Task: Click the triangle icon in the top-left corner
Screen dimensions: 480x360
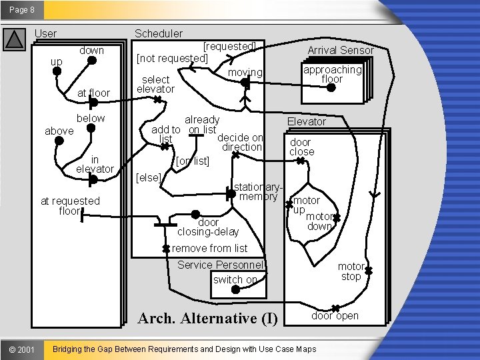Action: (15, 39)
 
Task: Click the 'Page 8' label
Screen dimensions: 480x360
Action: (22, 10)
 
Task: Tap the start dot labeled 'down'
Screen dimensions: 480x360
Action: (92, 61)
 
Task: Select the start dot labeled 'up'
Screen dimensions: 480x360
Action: (57, 71)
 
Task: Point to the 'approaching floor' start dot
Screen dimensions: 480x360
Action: (331, 87)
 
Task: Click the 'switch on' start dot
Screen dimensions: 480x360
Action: (235, 289)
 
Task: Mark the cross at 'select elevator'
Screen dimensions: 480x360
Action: (157, 99)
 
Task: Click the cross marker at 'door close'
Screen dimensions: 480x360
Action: (301, 161)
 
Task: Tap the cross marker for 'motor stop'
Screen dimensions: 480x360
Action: (369, 271)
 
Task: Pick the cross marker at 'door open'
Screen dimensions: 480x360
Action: (335, 308)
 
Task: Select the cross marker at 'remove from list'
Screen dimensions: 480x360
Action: (166, 249)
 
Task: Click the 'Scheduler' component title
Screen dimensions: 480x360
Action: (159, 33)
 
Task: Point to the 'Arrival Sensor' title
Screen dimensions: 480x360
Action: (341, 50)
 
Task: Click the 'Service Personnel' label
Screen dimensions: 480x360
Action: (220, 265)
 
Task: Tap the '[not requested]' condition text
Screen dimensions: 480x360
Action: (172, 58)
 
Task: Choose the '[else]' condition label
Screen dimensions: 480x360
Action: (149, 177)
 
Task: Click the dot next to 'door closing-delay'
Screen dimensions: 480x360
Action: (195, 215)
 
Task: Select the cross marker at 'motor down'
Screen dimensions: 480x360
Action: (337, 218)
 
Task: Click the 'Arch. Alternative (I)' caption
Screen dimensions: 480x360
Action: (208, 319)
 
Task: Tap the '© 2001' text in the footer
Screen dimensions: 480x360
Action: (22, 349)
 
